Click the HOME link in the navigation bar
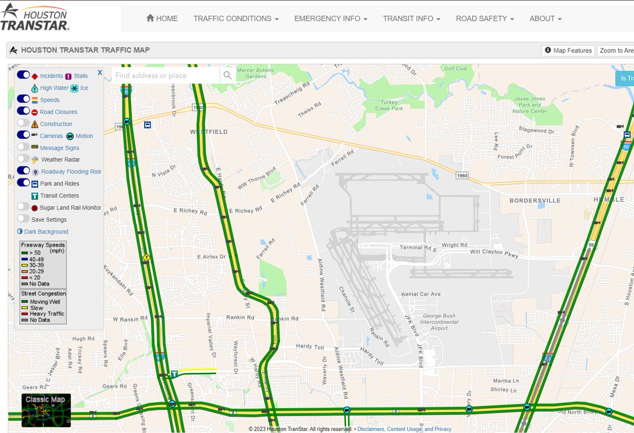coord(162,18)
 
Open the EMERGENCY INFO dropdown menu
coord(330,18)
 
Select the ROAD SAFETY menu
coord(484,18)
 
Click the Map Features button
coord(568,51)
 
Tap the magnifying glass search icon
coord(227,76)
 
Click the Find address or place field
coord(165,76)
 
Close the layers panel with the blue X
coord(100,72)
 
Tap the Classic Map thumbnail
coord(46,410)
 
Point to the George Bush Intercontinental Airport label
coord(439,322)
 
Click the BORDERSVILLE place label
coord(534,201)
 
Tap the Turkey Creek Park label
coord(389,105)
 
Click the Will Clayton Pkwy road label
coord(495,253)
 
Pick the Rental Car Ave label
coord(421,294)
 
